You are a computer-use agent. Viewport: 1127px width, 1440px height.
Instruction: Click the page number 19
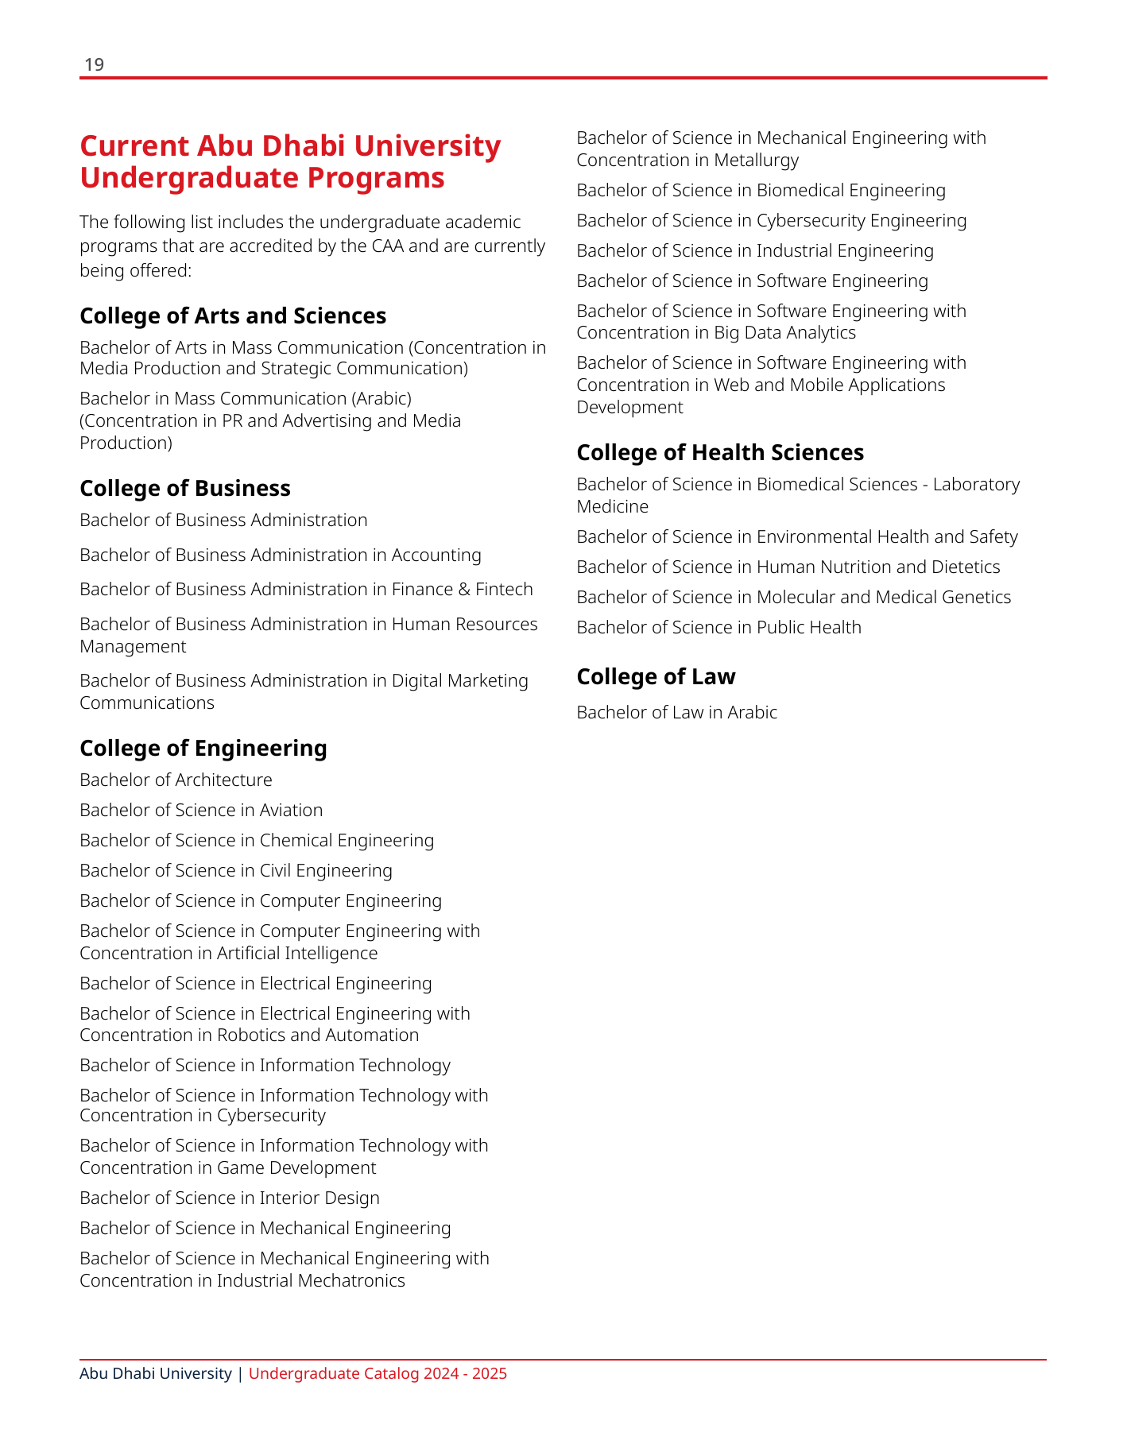94,65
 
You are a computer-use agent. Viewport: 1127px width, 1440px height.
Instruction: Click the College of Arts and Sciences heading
233,316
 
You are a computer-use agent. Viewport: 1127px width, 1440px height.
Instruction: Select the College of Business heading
185,489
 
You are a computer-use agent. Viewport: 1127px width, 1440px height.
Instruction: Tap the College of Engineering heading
203,749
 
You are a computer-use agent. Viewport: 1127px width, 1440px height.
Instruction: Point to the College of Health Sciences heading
720,453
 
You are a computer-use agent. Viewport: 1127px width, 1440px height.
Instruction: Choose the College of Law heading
656,677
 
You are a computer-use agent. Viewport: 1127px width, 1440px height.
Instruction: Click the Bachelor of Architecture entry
176,780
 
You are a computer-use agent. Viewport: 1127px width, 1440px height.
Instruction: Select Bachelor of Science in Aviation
201,811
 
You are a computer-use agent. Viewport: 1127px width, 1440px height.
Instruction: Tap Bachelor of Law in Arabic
676,713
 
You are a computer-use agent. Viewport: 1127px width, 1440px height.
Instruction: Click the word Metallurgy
756,161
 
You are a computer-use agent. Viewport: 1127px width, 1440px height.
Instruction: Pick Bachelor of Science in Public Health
718,628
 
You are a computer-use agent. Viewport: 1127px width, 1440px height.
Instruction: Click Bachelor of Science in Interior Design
230,1198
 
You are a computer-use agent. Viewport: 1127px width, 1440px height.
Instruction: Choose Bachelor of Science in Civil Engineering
236,871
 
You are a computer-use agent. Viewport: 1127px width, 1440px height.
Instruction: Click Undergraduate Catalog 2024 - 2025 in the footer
378,1374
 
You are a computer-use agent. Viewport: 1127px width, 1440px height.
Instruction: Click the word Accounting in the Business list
436,555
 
